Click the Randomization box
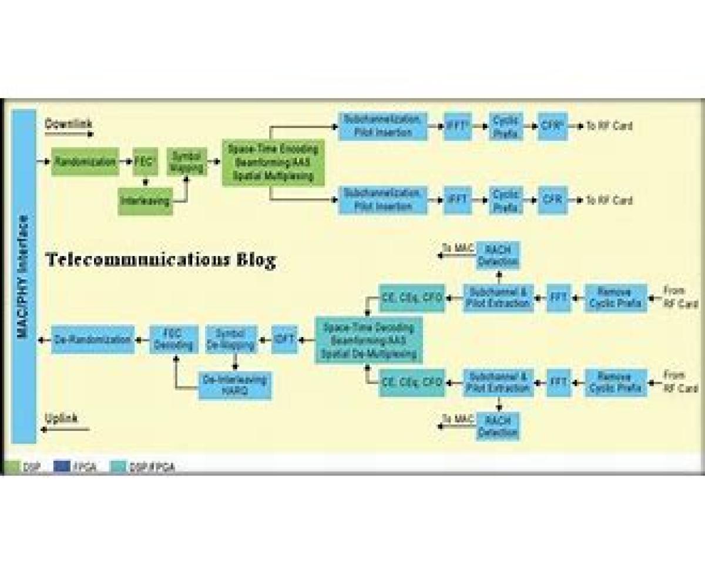[x=85, y=161]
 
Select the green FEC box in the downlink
[x=144, y=161]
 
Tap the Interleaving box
[x=145, y=201]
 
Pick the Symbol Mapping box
[x=187, y=161]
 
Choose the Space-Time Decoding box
[x=368, y=341]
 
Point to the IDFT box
[x=285, y=339]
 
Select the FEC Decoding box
[x=173, y=339]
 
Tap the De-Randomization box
[x=92, y=339]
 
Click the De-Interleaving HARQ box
[x=234, y=385]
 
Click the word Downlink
[x=69, y=124]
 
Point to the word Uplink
[x=62, y=418]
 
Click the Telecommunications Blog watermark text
[x=160, y=260]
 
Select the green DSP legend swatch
[x=12, y=467]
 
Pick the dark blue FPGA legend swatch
[x=62, y=467]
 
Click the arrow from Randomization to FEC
[x=126, y=161]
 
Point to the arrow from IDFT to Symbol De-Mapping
[x=264, y=339]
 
